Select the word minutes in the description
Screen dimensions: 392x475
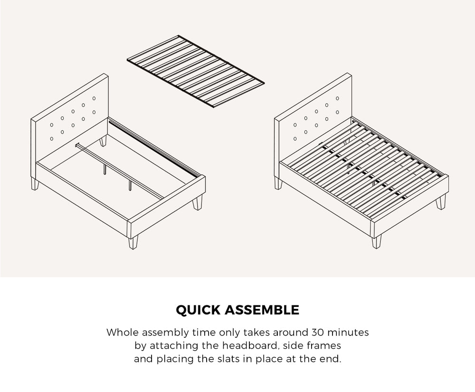(348, 332)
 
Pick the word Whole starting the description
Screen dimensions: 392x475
(122, 332)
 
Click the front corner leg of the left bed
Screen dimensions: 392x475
(132, 242)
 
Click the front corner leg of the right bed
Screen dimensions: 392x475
(377, 241)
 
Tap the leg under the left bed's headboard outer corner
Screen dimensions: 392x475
(34, 184)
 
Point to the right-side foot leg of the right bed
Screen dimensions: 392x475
(441, 202)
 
